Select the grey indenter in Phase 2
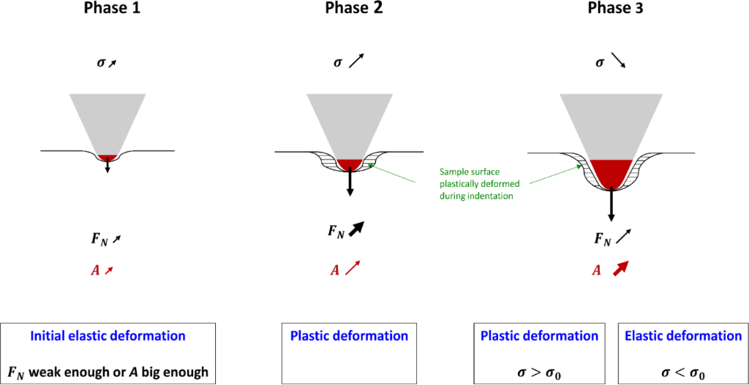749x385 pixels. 350,121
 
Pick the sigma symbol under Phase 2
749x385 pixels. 337,63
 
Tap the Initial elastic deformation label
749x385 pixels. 108,336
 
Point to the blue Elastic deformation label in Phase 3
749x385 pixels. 683,336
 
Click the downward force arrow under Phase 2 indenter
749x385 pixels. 350,182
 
